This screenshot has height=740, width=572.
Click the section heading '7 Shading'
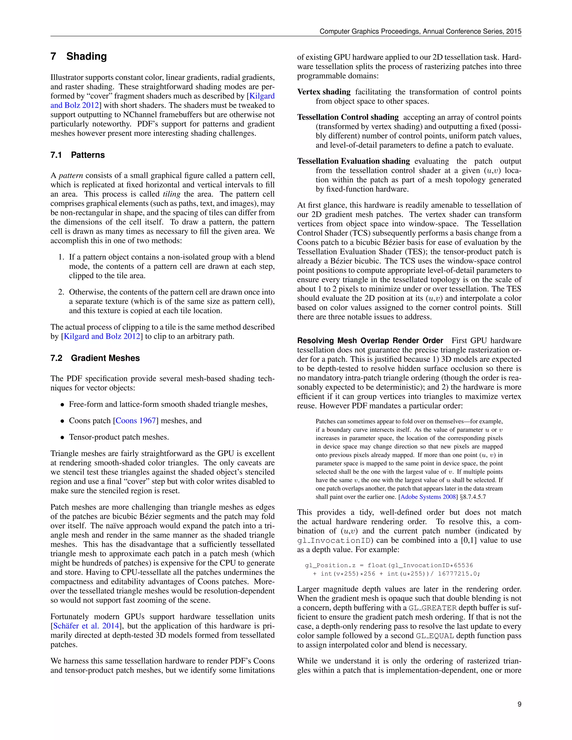(78, 56)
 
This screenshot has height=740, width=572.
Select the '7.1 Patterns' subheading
(78, 155)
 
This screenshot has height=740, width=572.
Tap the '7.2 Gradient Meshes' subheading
(95, 358)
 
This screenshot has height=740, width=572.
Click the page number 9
(519, 704)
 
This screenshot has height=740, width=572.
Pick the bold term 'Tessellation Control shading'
(348, 117)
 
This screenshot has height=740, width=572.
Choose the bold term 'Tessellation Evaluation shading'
(353, 161)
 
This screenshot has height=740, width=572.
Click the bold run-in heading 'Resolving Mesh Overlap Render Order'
(370, 340)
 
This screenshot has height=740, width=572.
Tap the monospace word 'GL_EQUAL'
(435, 636)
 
